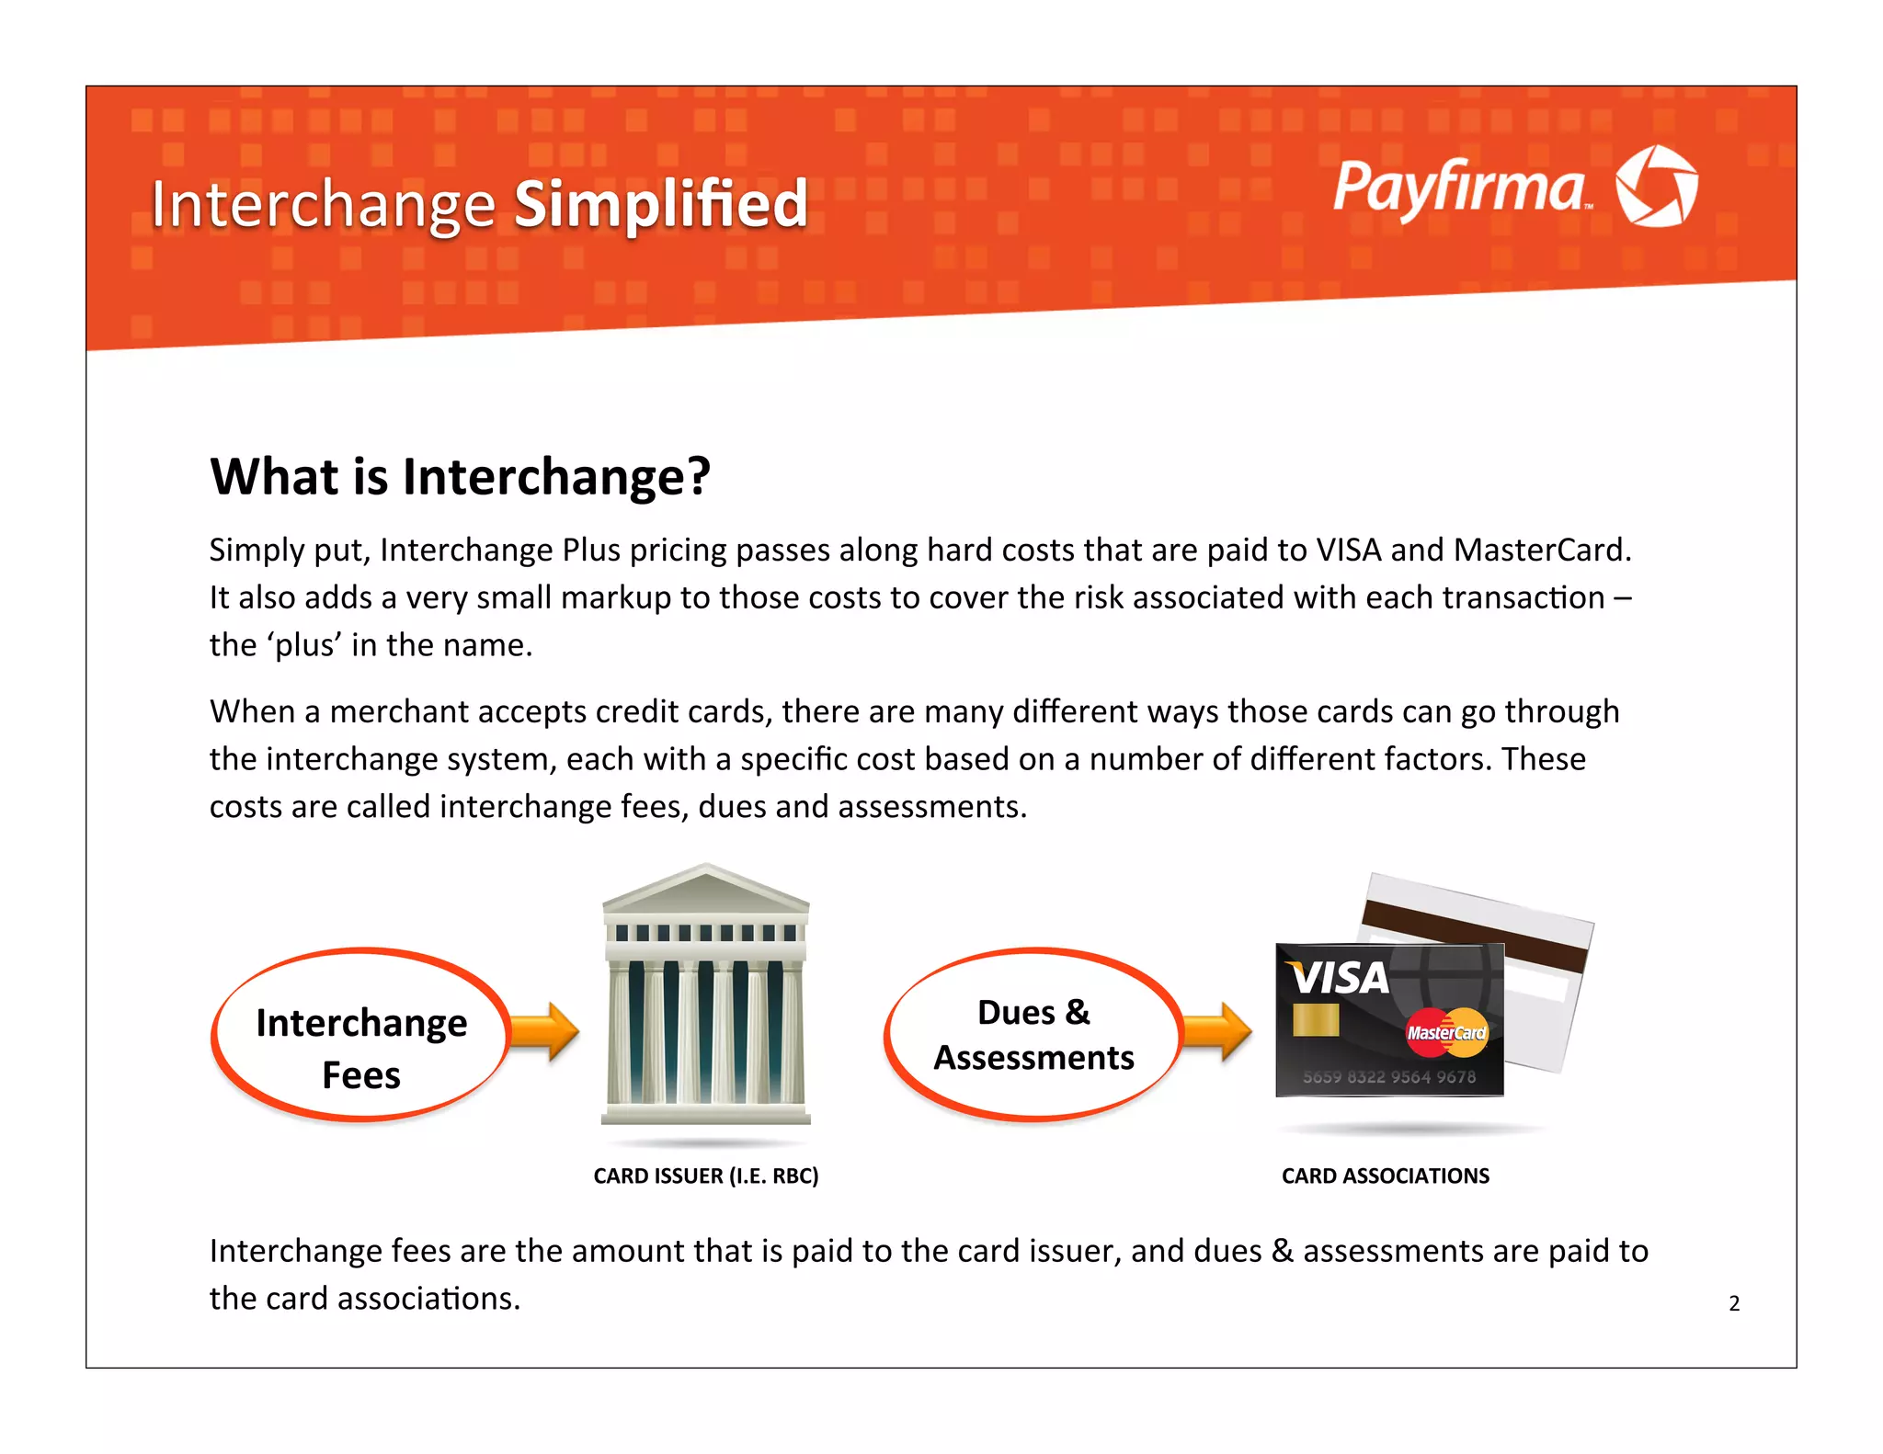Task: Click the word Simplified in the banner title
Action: tap(660, 204)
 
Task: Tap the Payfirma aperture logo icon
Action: tap(1656, 186)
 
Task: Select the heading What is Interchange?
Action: tap(460, 476)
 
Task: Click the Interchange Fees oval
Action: tap(360, 1035)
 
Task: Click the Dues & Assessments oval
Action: tap(1033, 1035)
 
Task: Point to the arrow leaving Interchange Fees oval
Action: tap(545, 1031)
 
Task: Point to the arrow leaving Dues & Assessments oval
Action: tap(1217, 1031)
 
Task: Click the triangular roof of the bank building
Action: tap(705, 888)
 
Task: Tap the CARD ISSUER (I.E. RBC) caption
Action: tap(705, 1176)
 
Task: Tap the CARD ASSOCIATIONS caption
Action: tap(1385, 1176)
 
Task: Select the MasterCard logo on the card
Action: tap(1446, 1032)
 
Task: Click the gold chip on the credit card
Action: tap(1315, 1020)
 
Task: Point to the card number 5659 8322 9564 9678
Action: tap(1388, 1076)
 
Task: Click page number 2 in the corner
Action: tap(1734, 1303)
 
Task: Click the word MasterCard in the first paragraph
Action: tap(1542, 550)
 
